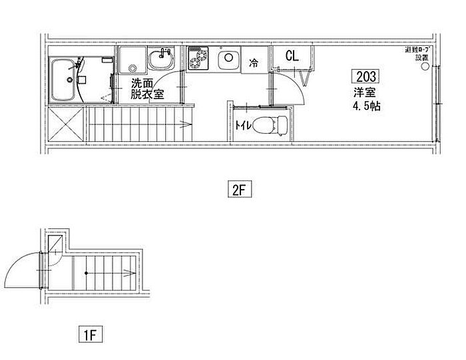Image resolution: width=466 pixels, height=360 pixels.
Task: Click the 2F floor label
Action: tap(240, 190)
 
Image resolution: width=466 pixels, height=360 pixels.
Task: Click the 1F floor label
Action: tap(91, 331)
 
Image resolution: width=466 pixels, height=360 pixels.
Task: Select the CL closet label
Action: tap(292, 56)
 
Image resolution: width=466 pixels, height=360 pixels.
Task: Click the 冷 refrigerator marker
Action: tap(254, 64)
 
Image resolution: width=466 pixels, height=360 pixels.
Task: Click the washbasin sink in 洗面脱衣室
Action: tap(160, 60)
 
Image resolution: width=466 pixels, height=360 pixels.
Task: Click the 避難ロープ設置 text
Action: tap(417, 54)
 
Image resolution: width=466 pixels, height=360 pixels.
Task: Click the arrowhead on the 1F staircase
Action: tap(126, 271)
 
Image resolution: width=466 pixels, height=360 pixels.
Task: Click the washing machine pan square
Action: tap(132, 59)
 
